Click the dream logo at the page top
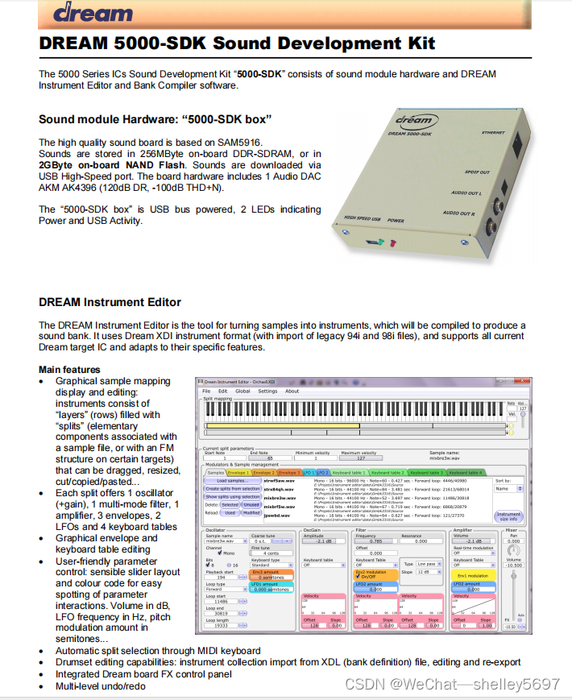(93, 13)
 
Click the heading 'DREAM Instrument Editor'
(110, 303)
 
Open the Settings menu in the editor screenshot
(267, 391)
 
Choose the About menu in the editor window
(292, 391)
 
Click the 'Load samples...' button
(232, 480)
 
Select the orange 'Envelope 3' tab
(288, 473)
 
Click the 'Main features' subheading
(69, 370)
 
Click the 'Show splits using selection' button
(232, 497)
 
